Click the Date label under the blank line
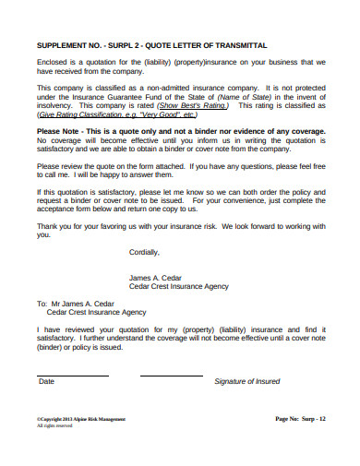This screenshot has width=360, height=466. click(x=46, y=381)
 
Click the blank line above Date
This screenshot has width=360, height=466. click(x=73, y=375)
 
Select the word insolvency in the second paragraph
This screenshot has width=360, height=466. click(x=55, y=106)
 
